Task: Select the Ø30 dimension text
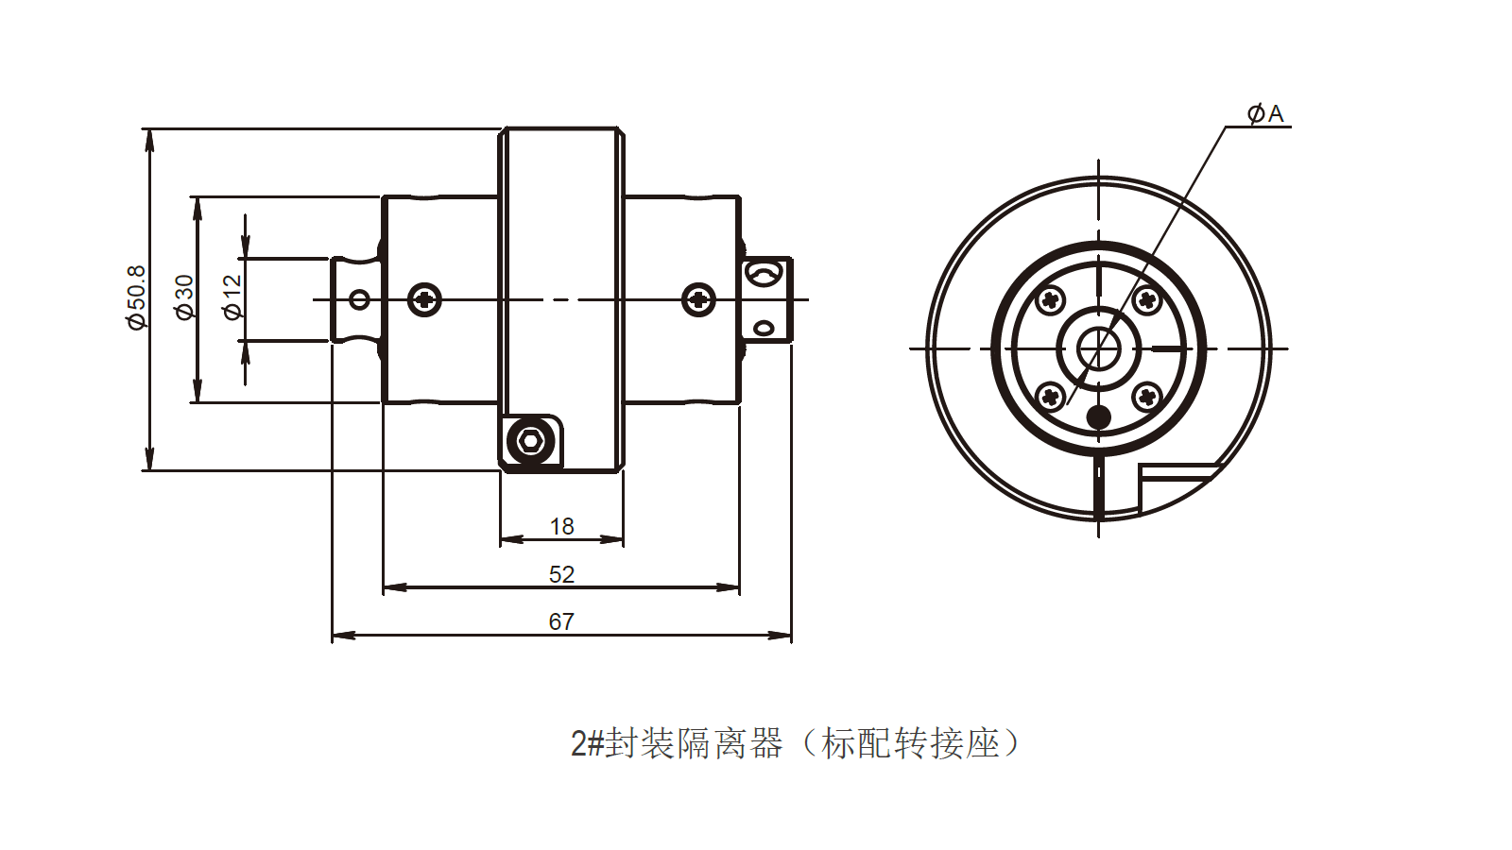[x=184, y=297]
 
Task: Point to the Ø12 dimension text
[x=232, y=297]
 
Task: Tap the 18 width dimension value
[x=561, y=526]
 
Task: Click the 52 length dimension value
[x=561, y=574]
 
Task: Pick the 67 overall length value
[x=561, y=621]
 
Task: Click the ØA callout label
[x=1265, y=114]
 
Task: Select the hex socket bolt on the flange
[x=530, y=440]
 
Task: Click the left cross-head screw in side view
[x=425, y=300]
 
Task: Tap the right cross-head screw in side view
[x=698, y=300]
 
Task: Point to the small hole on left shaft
[x=359, y=300]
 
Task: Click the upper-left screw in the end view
[x=1051, y=301]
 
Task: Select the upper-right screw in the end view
[x=1146, y=301]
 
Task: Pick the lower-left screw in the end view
[x=1051, y=396]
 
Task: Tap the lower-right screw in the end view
[x=1146, y=396]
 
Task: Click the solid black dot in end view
[x=1099, y=416]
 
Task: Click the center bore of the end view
[x=1099, y=348]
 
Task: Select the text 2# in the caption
[x=587, y=744]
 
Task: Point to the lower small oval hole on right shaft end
[x=764, y=329]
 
